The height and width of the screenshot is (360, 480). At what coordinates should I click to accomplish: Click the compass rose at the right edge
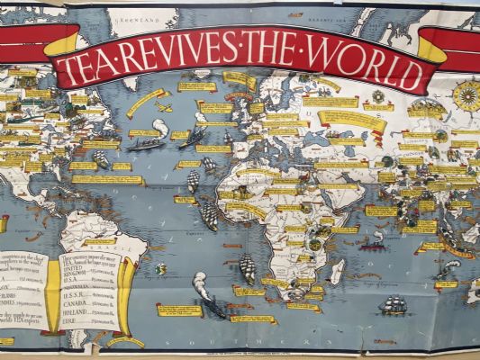466,94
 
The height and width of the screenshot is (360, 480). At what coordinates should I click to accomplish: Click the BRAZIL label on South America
98,241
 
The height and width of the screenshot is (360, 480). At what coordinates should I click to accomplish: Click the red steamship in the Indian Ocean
372,243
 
